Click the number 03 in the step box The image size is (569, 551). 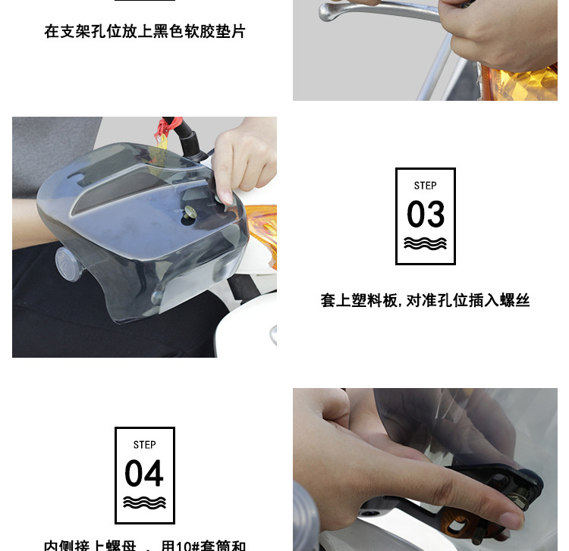426,214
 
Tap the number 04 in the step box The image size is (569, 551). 144,474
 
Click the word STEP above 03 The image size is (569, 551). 426,186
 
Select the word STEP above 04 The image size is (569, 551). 144,445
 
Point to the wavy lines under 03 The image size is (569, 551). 426,243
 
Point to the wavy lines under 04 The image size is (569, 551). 144,502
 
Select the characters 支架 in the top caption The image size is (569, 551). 77,32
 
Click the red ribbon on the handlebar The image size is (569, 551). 162,133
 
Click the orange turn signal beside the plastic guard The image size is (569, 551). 262,231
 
